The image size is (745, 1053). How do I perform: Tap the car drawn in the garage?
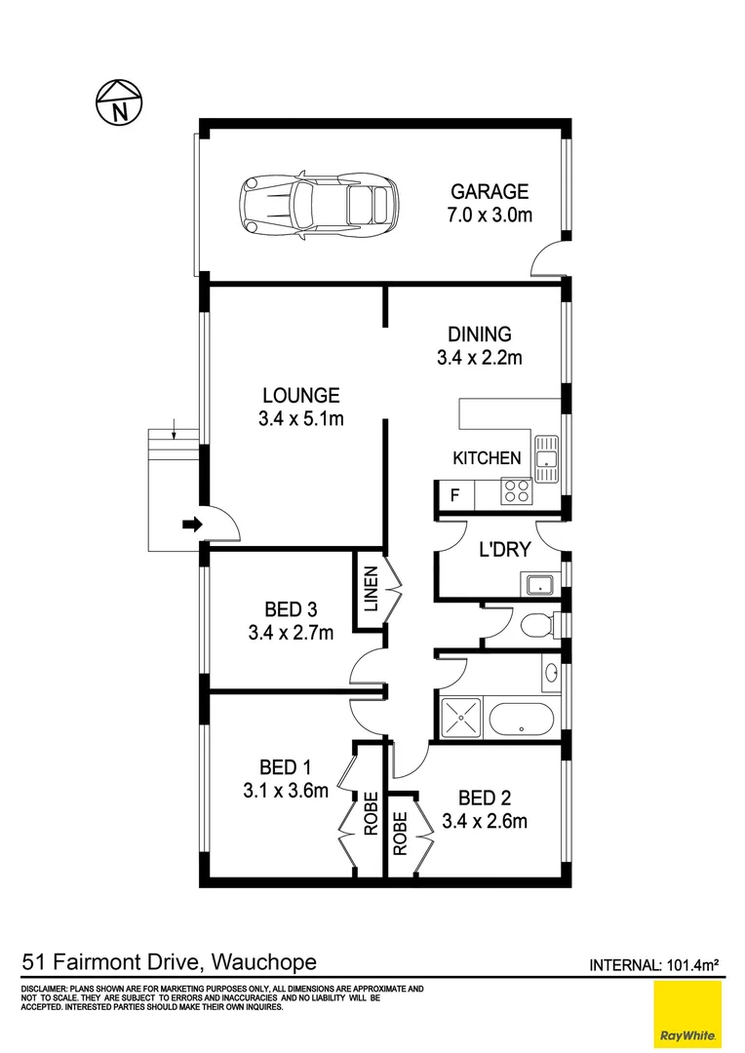point(320,204)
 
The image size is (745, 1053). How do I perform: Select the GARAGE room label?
point(489,192)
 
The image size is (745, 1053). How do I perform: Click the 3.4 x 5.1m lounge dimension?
point(300,419)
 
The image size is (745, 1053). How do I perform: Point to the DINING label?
point(479,334)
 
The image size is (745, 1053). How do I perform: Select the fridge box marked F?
point(454,495)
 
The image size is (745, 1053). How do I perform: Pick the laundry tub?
point(537,585)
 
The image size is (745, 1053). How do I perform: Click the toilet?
point(535,625)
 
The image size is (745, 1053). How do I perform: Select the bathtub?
point(522,720)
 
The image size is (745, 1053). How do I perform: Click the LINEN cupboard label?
point(371,591)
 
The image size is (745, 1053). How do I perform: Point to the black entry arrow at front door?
point(192,526)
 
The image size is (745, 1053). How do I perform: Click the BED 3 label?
point(290,609)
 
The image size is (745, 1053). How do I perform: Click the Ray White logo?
point(687,1014)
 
